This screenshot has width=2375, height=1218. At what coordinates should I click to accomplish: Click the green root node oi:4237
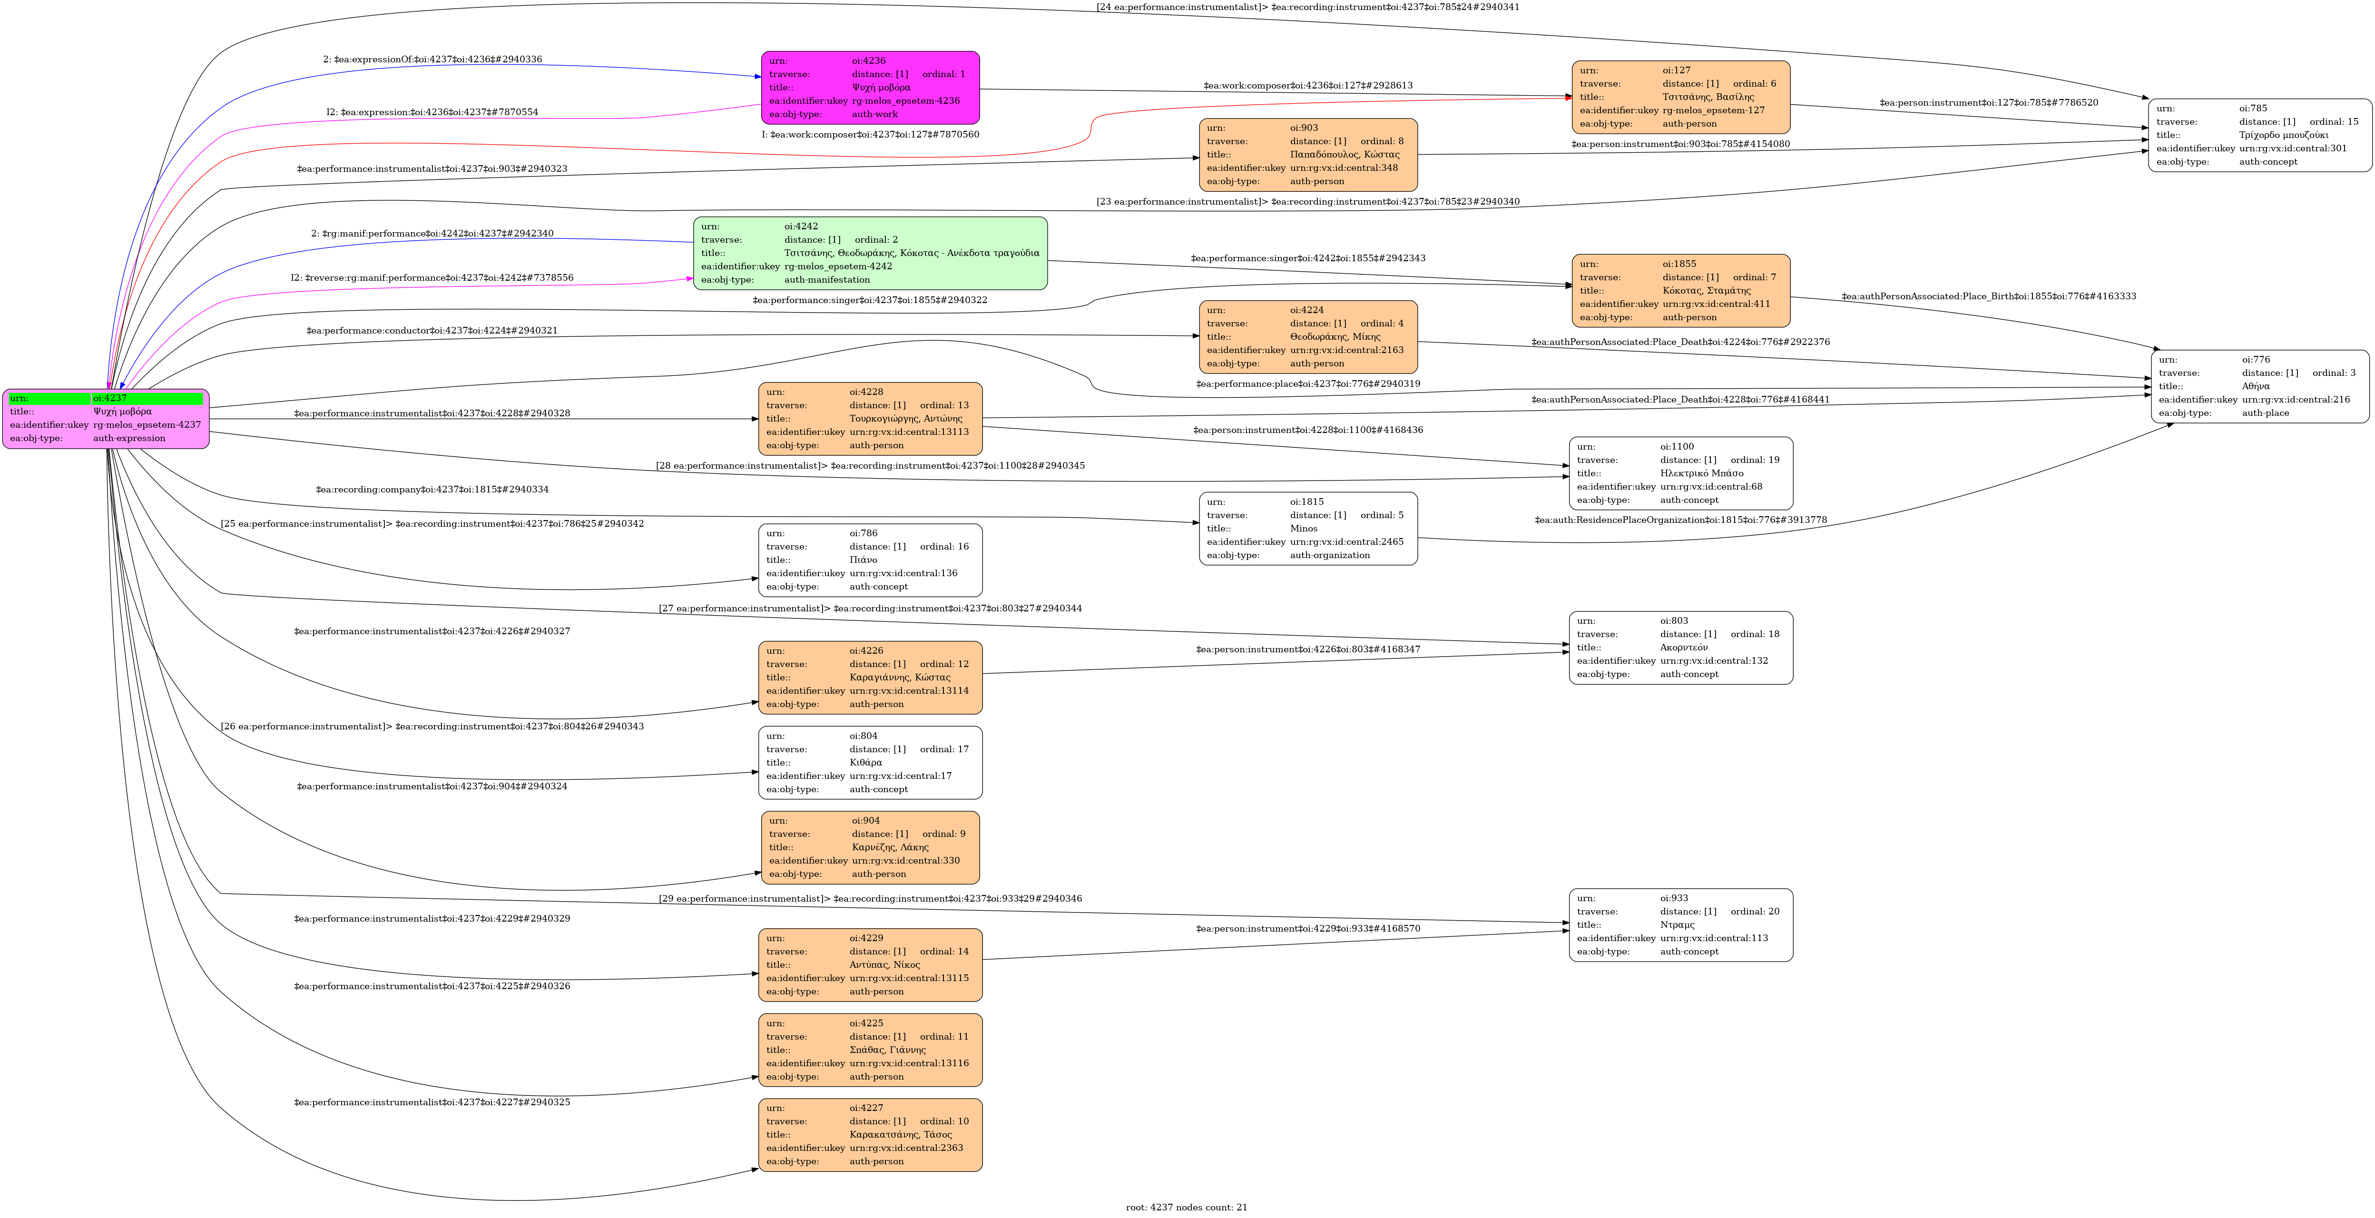point(106,419)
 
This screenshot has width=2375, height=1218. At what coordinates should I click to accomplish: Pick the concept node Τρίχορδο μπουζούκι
point(2259,135)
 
